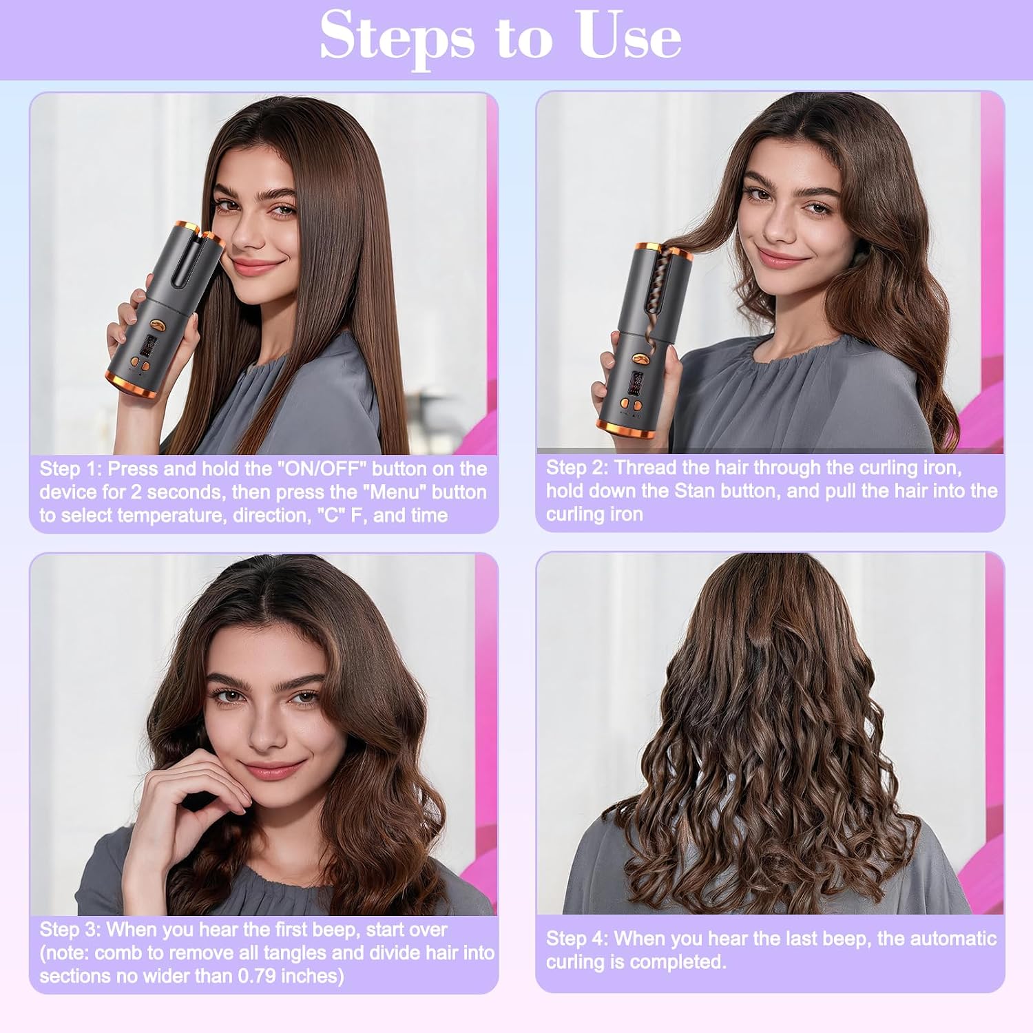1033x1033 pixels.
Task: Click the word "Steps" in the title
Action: (397, 36)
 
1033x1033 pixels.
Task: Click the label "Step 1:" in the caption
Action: (71, 469)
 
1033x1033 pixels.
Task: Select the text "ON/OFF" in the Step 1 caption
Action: (322, 469)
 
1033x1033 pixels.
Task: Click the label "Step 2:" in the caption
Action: (577, 468)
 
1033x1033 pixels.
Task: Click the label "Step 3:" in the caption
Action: (70, 930)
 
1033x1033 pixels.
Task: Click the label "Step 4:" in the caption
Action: (577, 939)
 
